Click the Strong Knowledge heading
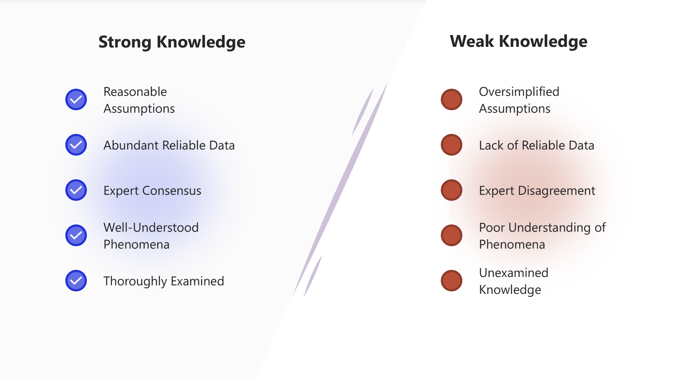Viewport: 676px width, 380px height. (172, 42)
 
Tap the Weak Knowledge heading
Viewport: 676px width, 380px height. (518, 41)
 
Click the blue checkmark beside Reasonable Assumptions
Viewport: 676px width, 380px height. (76, 100)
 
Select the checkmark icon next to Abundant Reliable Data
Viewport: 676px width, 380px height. (76, 145)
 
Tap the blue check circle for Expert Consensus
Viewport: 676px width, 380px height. (76, 190)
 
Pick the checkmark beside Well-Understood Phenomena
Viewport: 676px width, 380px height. (76, 235)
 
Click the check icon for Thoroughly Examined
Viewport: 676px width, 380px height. (76, 280)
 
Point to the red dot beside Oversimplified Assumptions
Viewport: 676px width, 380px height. (452, 100)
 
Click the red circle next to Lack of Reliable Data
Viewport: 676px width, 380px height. (452, 145)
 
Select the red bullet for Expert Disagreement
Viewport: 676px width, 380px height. (452, 190)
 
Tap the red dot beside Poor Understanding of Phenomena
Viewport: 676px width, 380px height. (452, 235)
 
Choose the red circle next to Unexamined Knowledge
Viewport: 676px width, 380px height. (452, 280)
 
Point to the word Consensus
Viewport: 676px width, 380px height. (172, 190)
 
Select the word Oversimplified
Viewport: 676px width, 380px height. (519, 92)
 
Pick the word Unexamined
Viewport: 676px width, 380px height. (514, 273)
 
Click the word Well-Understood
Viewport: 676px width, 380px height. (151, 228)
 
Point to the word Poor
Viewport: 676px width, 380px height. (492, 228)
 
